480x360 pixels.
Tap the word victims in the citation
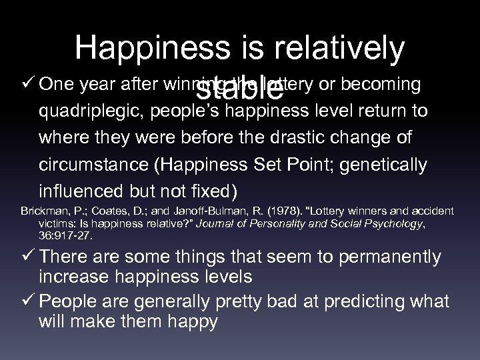(55, 223)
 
